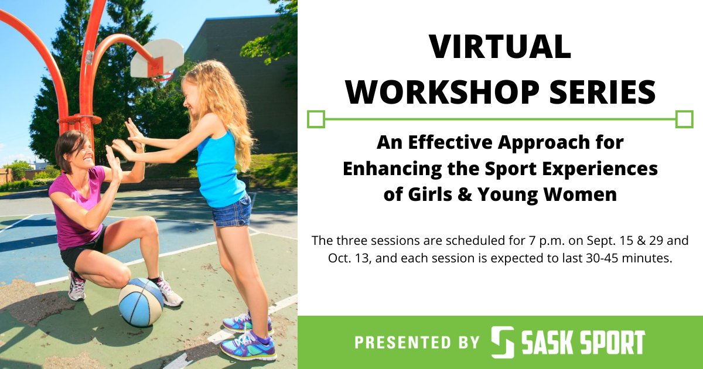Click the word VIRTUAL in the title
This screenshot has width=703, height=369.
point(500,47)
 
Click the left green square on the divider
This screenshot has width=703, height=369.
point(316,119)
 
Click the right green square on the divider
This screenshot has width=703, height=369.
point(684,119)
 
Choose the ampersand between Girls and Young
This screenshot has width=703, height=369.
point(465,194)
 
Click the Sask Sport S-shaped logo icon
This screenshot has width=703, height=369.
point(502,342)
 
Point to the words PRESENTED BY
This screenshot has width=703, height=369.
point(417,342)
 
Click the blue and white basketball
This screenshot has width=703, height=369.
point(141,302)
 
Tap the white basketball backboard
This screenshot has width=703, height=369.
point(157,58)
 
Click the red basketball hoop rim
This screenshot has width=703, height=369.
point(163,76)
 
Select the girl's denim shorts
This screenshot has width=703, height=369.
point(231,211)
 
